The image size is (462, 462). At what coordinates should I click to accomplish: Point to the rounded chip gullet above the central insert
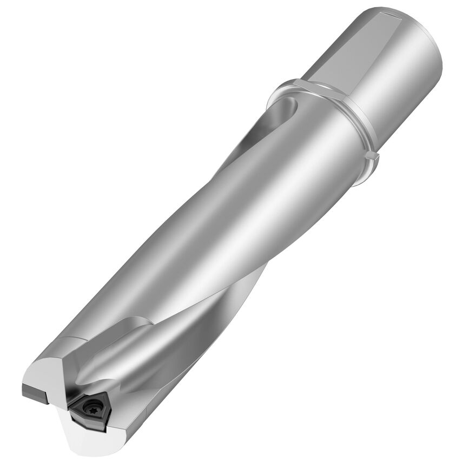point(108,368)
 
